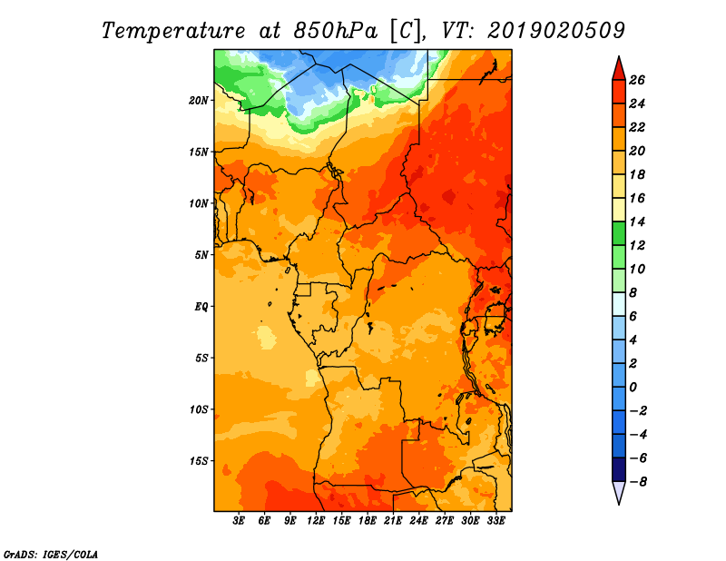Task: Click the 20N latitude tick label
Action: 199,100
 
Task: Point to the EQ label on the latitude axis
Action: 201,306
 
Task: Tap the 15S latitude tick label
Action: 199,460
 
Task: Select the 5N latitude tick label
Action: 201,255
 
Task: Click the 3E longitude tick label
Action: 239,520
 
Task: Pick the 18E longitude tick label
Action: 368,520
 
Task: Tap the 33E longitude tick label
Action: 495,520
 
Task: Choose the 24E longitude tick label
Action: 418,520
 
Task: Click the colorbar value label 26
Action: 637,80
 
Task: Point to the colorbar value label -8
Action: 638,482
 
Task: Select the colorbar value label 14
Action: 637,221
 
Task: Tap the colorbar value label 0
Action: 633,388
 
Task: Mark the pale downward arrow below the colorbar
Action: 619,491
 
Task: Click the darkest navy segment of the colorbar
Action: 619,469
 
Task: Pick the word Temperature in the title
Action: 173,32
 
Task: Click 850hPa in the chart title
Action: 335,31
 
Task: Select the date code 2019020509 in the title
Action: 556,31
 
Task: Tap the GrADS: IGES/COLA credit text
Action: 51,554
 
